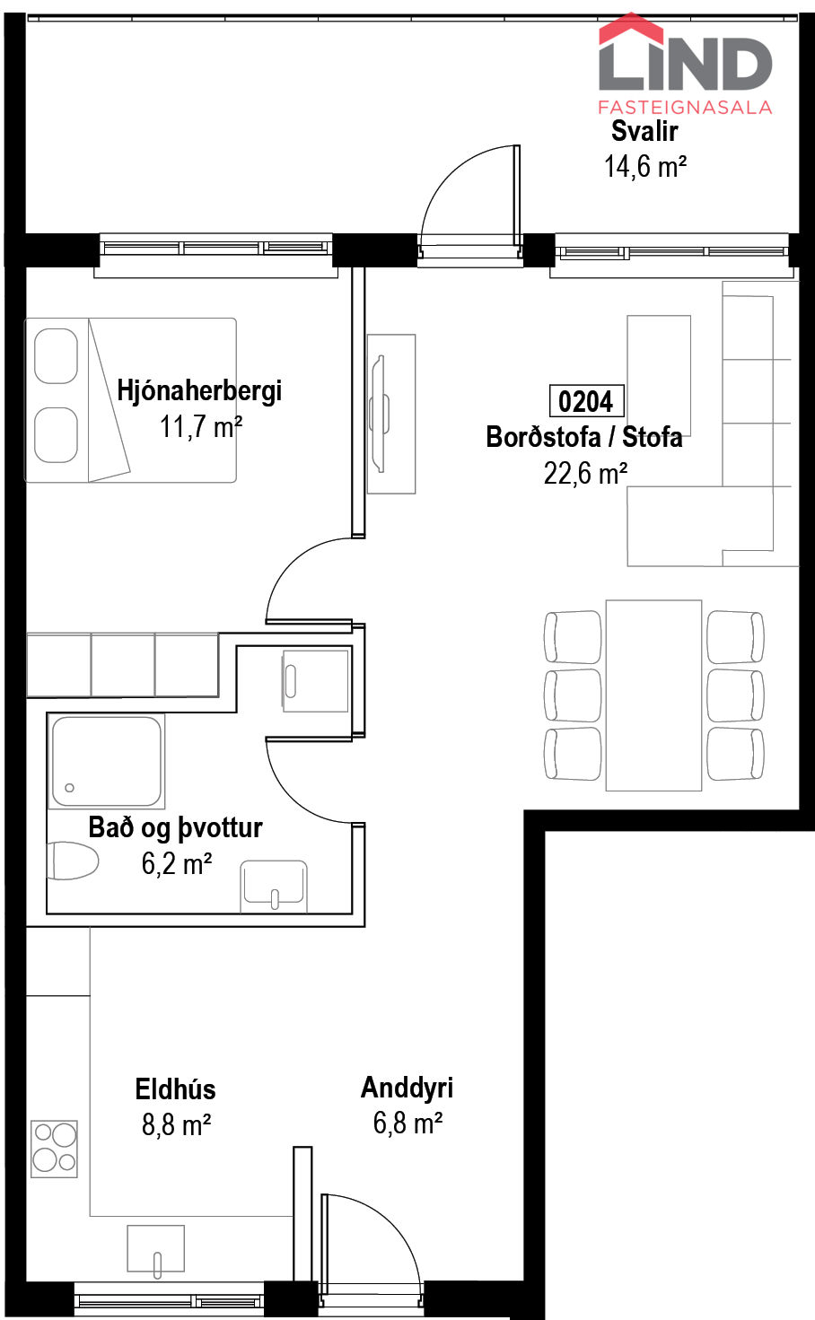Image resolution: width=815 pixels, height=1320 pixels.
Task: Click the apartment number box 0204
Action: click(x=586, y=401)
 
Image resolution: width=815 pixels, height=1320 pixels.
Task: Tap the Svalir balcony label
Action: click(x=644, y=131)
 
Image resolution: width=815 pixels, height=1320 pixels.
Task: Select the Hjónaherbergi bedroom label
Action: click(x=199, y=391)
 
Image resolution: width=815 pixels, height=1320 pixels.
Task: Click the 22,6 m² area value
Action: click(x=586, y=473)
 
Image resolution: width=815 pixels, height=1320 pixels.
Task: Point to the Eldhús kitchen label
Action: click(x=175, y=1089)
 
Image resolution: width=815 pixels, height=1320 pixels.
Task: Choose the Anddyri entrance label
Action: click(x=407, y=1088)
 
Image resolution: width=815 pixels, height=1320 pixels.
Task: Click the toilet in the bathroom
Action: click(x=73, y=861)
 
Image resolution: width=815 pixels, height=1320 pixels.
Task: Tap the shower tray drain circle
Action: click(x=69, y=788)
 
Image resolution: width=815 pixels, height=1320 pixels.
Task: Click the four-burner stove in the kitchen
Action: click(x=54, y=1150)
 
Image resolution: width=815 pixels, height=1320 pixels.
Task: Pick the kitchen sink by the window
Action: click(x=156, y=1249)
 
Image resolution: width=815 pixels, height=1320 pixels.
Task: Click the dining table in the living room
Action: click(x=653, y=695)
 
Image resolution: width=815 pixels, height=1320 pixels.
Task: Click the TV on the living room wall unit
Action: click(x=380, y=414)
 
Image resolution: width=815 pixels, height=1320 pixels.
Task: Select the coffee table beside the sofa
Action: click(x=659, y=375)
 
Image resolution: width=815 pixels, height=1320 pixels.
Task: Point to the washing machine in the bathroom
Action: click(x=315, y=681)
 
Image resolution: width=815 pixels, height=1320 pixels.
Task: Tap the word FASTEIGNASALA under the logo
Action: click(x=685, y=108)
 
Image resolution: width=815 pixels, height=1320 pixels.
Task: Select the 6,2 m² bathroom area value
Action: click(x=177, y=864)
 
